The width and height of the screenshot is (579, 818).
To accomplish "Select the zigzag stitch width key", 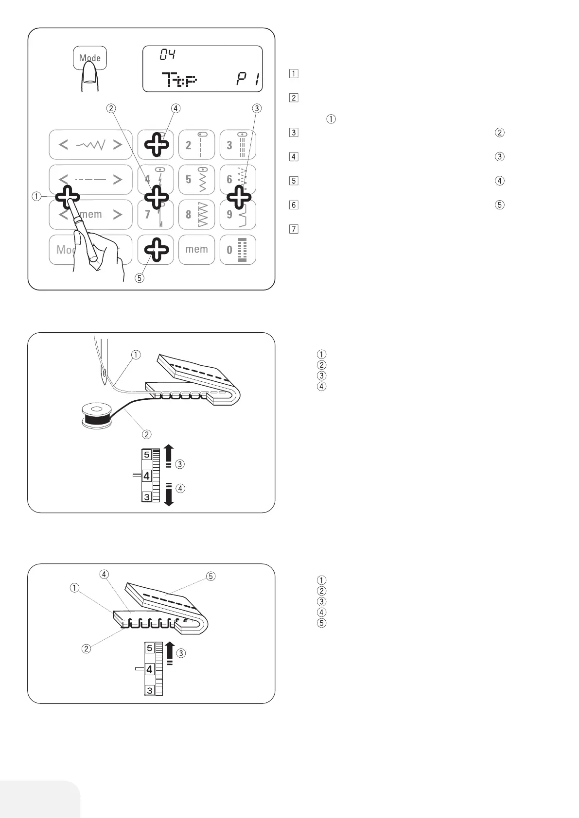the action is [x=90, y=145].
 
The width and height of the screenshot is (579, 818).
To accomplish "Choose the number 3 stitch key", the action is [x=238, y=145].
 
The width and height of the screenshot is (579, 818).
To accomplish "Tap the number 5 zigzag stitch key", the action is [x=196, y=179].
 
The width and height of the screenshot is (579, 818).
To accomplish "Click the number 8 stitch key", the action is [x=196, y=214].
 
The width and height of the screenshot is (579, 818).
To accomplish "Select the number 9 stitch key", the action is [x=238, y=214].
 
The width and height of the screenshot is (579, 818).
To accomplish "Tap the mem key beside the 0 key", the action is [x=196, y=250].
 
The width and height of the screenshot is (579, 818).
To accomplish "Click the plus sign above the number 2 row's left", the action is [x=157, y=144].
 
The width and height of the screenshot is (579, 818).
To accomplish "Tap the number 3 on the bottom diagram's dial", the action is [x=150, y=690].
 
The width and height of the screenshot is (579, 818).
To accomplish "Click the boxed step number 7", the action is [x=293, y=229].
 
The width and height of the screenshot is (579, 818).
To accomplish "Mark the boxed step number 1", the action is [x=293, y=74].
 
